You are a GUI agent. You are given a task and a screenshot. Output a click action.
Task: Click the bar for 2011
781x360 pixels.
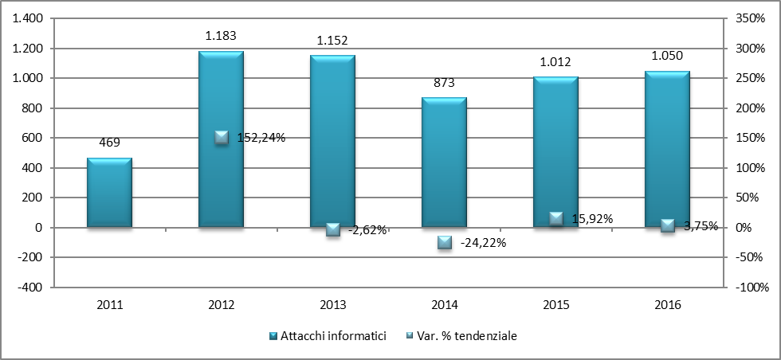(109, 193)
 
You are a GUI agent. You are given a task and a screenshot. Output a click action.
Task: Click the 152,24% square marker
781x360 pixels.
(222, 137)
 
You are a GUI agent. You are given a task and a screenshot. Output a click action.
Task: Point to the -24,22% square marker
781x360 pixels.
(445, 242)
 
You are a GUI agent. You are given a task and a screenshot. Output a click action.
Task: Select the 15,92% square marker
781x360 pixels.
(556, 218)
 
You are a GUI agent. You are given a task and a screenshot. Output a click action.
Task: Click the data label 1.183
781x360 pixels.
(221, 36)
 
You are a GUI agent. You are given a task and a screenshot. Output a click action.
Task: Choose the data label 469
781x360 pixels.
(109, 143)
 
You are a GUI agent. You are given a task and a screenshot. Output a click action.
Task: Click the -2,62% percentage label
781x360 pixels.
(367, 230)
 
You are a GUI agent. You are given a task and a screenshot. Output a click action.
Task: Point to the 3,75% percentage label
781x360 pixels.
(700, 225)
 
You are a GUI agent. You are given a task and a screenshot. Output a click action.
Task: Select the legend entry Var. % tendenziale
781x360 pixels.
(468, 336)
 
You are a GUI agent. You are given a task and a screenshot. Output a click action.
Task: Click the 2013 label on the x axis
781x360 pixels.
(332, 305)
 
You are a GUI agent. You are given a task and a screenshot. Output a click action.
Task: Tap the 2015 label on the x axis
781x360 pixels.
(555, 305)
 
